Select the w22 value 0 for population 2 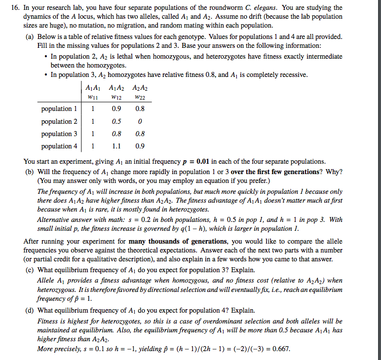[140, 122]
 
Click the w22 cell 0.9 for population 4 [140, 146]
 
